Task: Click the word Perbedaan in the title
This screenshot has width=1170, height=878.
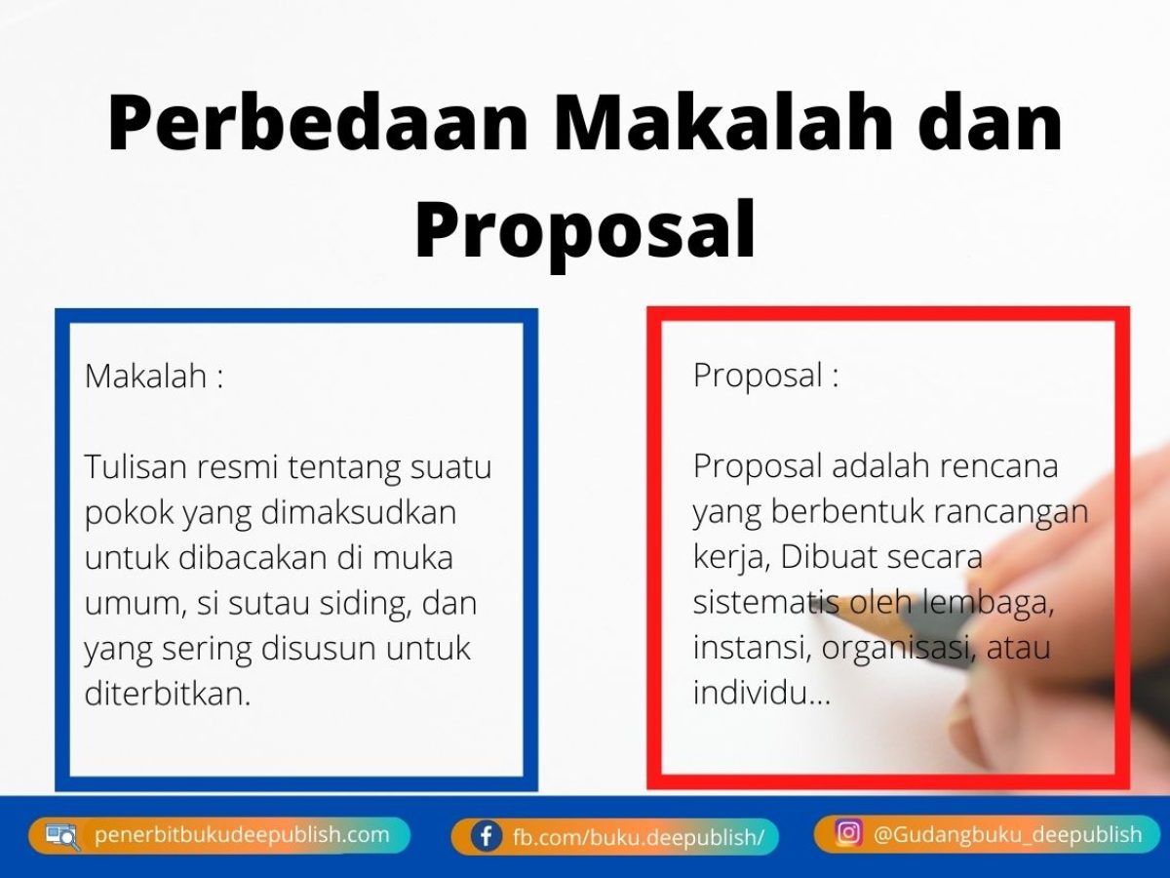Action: [318, 124]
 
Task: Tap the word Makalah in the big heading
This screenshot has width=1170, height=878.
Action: [723, 123]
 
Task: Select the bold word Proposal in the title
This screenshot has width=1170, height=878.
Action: [585, 230]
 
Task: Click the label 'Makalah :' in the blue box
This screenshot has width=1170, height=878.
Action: [154, 376]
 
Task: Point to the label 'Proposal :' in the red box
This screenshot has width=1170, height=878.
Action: [766, 377]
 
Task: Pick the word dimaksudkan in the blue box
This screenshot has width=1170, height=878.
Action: [359, 512]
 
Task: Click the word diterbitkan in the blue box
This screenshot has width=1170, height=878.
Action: [168, 694]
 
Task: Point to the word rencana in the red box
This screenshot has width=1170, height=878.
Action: [998, 466]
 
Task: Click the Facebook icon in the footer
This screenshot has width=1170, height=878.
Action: [487, 836]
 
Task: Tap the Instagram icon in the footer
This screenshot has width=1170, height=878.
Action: [848, 832]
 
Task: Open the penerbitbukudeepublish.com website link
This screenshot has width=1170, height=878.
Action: [242, 835]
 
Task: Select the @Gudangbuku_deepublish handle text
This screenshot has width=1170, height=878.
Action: [1007, 834]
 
